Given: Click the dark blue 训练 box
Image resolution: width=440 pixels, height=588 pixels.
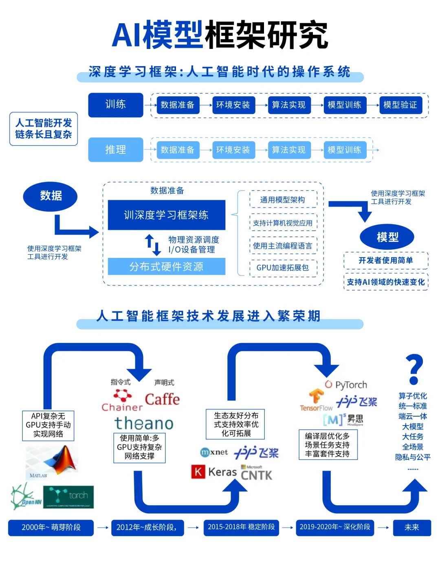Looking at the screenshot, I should coord(116,105).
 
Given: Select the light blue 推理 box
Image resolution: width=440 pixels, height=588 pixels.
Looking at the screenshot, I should coord(116,150).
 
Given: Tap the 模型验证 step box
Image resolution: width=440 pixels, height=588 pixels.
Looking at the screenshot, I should coord(400,105).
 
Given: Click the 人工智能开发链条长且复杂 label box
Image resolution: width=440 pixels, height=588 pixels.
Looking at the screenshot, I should coord(44,129).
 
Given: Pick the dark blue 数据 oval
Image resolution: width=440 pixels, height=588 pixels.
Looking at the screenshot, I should coord(51,196).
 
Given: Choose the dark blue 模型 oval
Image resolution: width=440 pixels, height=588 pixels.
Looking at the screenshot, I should coord(387,237).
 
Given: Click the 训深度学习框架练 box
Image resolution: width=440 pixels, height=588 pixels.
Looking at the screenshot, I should coord(166,215).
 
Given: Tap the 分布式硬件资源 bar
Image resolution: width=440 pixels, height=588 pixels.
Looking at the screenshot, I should coord(166,267).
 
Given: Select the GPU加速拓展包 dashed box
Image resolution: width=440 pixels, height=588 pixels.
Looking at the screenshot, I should coord(283,268).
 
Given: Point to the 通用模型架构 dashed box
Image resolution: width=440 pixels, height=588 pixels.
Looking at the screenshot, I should coord(283,200).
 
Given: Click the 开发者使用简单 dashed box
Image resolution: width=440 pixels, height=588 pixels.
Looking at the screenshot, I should coord(386,260).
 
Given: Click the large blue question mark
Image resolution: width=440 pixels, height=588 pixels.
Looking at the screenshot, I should coord(414,369).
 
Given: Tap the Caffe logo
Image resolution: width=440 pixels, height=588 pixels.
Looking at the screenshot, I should coord(162,399).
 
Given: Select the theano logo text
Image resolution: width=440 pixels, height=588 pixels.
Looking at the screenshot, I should coord(144,423).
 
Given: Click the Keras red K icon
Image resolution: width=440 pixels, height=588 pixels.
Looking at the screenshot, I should coord(198,472).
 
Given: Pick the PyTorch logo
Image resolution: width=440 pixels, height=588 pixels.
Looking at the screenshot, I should coord(346,384).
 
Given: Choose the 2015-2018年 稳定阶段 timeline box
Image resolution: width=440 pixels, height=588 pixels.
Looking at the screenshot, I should coord(241,527).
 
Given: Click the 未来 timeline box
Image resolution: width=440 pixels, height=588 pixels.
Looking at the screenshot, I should coord(412,527).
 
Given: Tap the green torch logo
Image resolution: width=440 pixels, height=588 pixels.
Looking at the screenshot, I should coord(68,497).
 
